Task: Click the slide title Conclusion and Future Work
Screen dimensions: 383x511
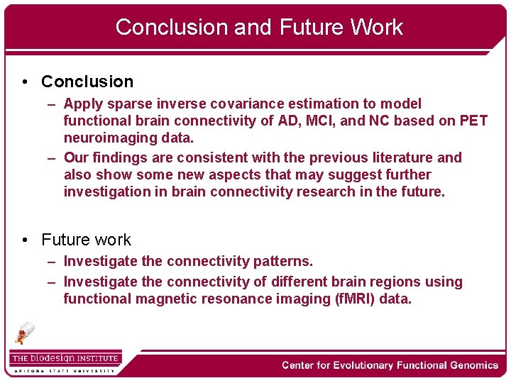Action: [x=259, y=27]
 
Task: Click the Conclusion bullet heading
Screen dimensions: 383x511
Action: [x=87, y=82]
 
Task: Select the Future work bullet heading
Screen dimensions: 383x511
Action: [x=86, y=240]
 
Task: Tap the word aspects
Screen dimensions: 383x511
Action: [x=254, y=174]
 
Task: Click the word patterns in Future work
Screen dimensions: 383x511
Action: [x=282, y=262]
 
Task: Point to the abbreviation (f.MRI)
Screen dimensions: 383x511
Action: [x=354, y=299]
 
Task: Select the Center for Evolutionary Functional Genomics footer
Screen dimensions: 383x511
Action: [x=390, y=365]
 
